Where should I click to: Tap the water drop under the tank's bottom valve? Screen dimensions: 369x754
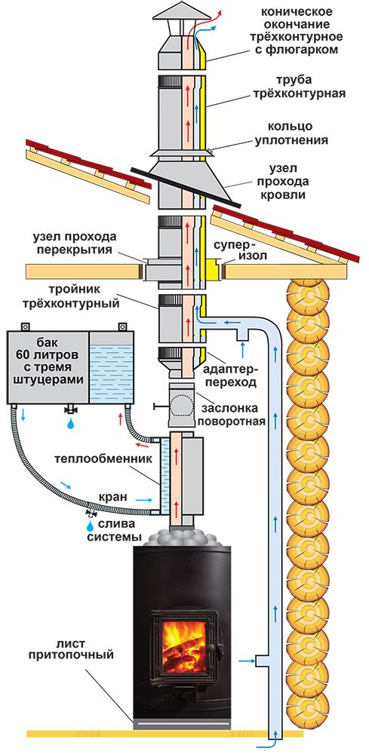[x=71, y=423]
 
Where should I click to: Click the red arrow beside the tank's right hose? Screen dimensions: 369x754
[x=121, y=419]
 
